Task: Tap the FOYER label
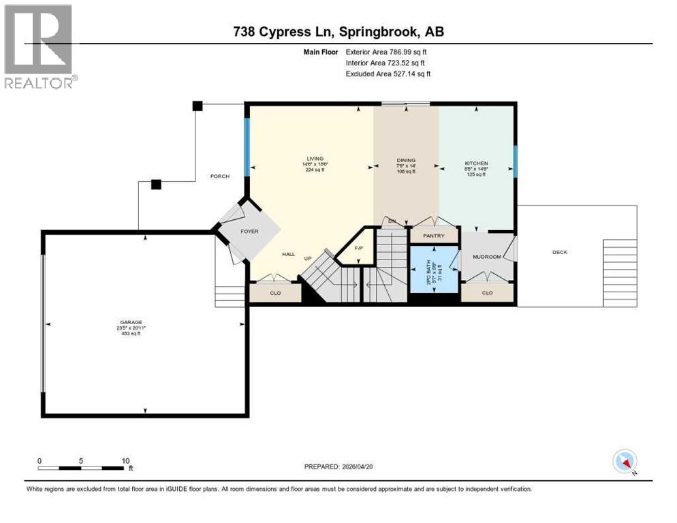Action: (x=249, y=232)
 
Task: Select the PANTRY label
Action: (x=433, y=236)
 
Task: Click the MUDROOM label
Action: (x=486, y=257)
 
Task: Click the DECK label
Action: (x=560, y=252)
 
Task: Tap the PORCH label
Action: (x=219, y=176)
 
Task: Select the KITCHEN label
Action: (x=476, y=163)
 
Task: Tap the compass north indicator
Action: (x=625, y=461)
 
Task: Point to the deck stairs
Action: (x=620, y=272)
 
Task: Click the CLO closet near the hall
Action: (x=275, y=293)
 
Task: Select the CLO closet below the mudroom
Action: (x=487, y=293)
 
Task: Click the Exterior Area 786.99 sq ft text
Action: (x=386, y=51)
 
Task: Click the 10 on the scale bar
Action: (x=125, y=460)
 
